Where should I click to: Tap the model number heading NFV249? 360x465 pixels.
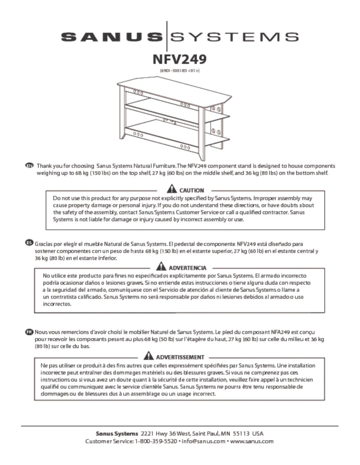click(180, 60)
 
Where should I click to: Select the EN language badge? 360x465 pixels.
click(30, 166)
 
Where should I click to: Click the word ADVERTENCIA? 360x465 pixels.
click(187, 268)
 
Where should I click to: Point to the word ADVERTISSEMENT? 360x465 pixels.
click(180, 357)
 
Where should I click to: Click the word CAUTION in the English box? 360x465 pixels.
click(192, 191)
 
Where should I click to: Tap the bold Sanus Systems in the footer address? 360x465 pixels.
click(117, 434)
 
